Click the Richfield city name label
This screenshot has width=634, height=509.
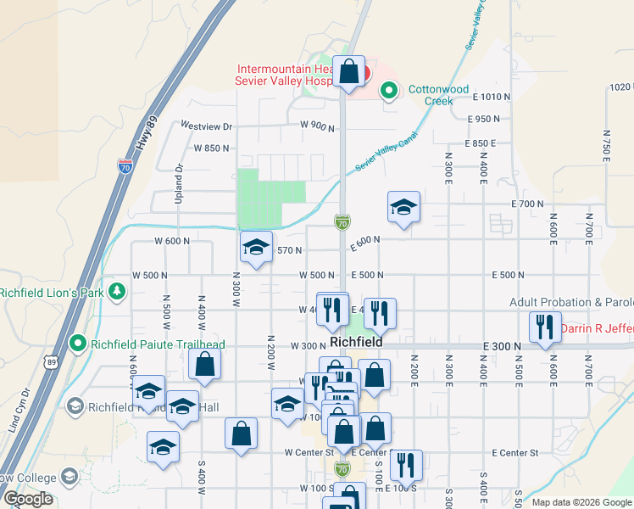click(357, 341)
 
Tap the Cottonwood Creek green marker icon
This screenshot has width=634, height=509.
click(389, 89)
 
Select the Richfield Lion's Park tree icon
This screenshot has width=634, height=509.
click(117, 293)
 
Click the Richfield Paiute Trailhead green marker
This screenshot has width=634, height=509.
click(78, 344)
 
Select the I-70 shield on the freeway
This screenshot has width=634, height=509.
click(125, 166)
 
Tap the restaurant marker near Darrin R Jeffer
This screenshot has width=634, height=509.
click(543, 327)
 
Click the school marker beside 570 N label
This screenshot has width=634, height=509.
click(256, 247)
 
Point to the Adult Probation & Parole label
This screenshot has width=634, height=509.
click(570, 302)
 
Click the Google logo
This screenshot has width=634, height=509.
click(28, 499)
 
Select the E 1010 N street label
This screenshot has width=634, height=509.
click(492, 97)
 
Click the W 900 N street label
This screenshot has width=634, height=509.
click(317, 126)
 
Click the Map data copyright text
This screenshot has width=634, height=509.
click(581, 502)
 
